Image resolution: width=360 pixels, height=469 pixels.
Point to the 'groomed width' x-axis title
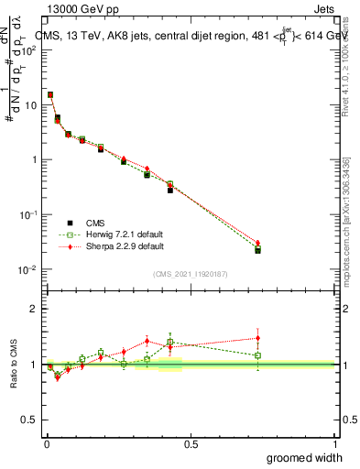(304, 457)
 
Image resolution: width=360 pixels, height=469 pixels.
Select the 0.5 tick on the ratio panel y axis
(28, 420)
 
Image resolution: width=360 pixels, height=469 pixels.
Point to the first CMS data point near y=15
(50, 94)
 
